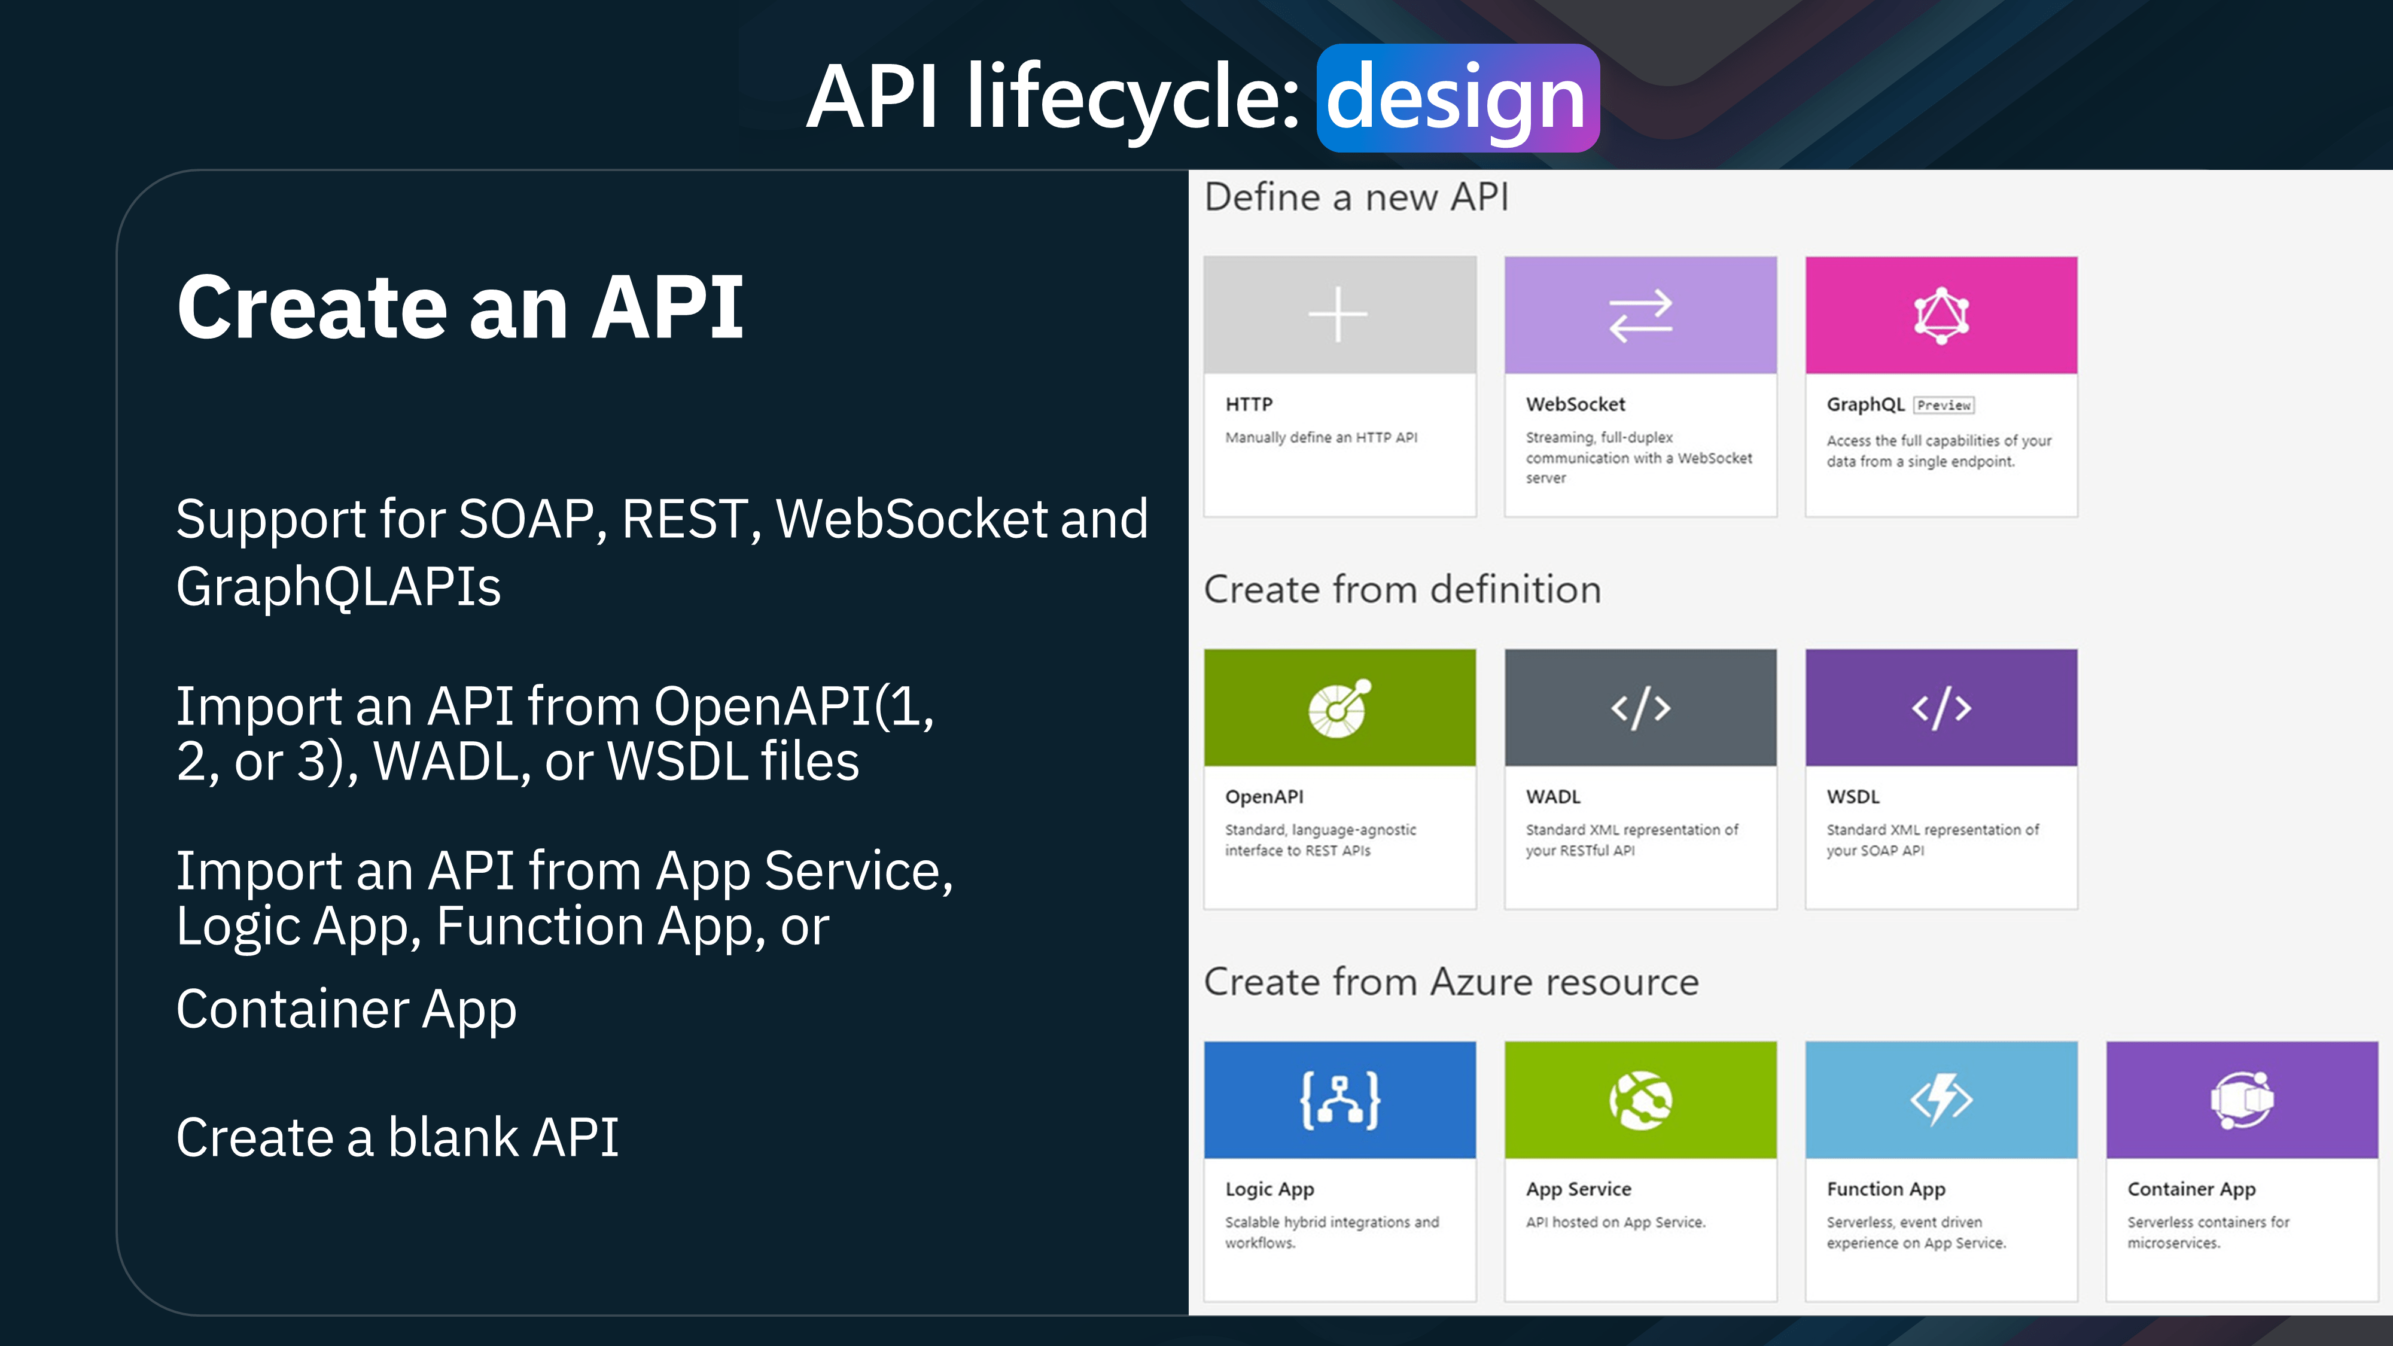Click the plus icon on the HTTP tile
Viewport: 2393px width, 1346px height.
pos(1338,315)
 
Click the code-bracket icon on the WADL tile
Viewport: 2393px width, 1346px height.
pos(1640,708)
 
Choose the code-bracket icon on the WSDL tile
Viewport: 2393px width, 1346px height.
pos(1941,708)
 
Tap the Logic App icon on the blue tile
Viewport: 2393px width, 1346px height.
pos(1339,1101)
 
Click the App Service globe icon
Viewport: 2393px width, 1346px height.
pos(1640,1101)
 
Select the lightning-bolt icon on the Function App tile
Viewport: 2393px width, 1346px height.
pos(1941,1101)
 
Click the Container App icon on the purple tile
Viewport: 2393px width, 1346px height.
pos(2242,1101)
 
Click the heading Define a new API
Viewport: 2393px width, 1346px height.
pos(1356,197)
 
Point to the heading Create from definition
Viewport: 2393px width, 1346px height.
pos(1403,590)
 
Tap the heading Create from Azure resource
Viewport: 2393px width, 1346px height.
pos(1451,982)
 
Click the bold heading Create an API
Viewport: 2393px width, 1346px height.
pos(461,307)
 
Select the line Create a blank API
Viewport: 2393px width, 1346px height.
pos(398,1138)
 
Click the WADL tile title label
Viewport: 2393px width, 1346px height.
pos(1553,797)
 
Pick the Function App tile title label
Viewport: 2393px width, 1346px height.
pos(1886,1190)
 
